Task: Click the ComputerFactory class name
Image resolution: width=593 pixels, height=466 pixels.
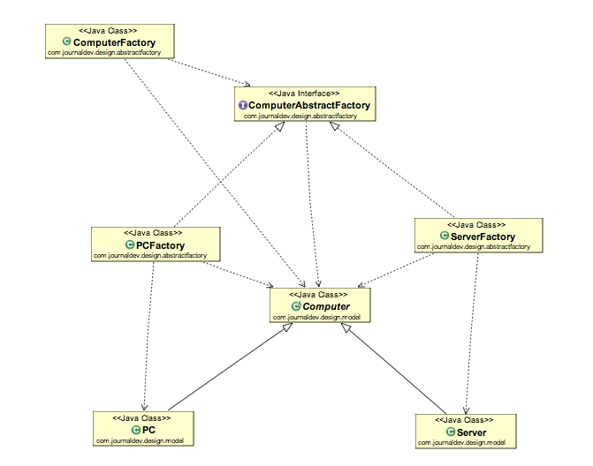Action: pos(115,41)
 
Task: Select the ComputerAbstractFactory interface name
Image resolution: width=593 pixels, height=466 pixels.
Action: pos(309,105)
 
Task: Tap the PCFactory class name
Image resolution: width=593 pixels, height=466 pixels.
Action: pos(159,245)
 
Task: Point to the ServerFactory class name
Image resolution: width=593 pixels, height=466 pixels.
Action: pos(483,237)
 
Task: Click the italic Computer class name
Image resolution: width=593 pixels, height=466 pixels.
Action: pos(326,306)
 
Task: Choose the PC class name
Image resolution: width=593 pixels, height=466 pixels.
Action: pos(149,429)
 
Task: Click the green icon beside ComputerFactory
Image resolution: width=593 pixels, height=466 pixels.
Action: pos(67,41)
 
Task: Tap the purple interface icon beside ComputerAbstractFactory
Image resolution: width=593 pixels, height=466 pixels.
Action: pos(243,105)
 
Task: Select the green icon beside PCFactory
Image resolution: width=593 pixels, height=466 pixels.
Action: pos(130,245)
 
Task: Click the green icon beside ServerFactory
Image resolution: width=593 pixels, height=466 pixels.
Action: pos(444,237)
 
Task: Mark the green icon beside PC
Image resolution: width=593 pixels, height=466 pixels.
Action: pos(136,429)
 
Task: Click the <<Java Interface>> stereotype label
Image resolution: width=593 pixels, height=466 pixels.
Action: pos(304,93)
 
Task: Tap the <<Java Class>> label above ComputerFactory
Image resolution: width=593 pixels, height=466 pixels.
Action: pos(109,30)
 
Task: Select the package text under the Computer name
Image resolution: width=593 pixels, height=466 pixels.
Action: pos(320,317)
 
